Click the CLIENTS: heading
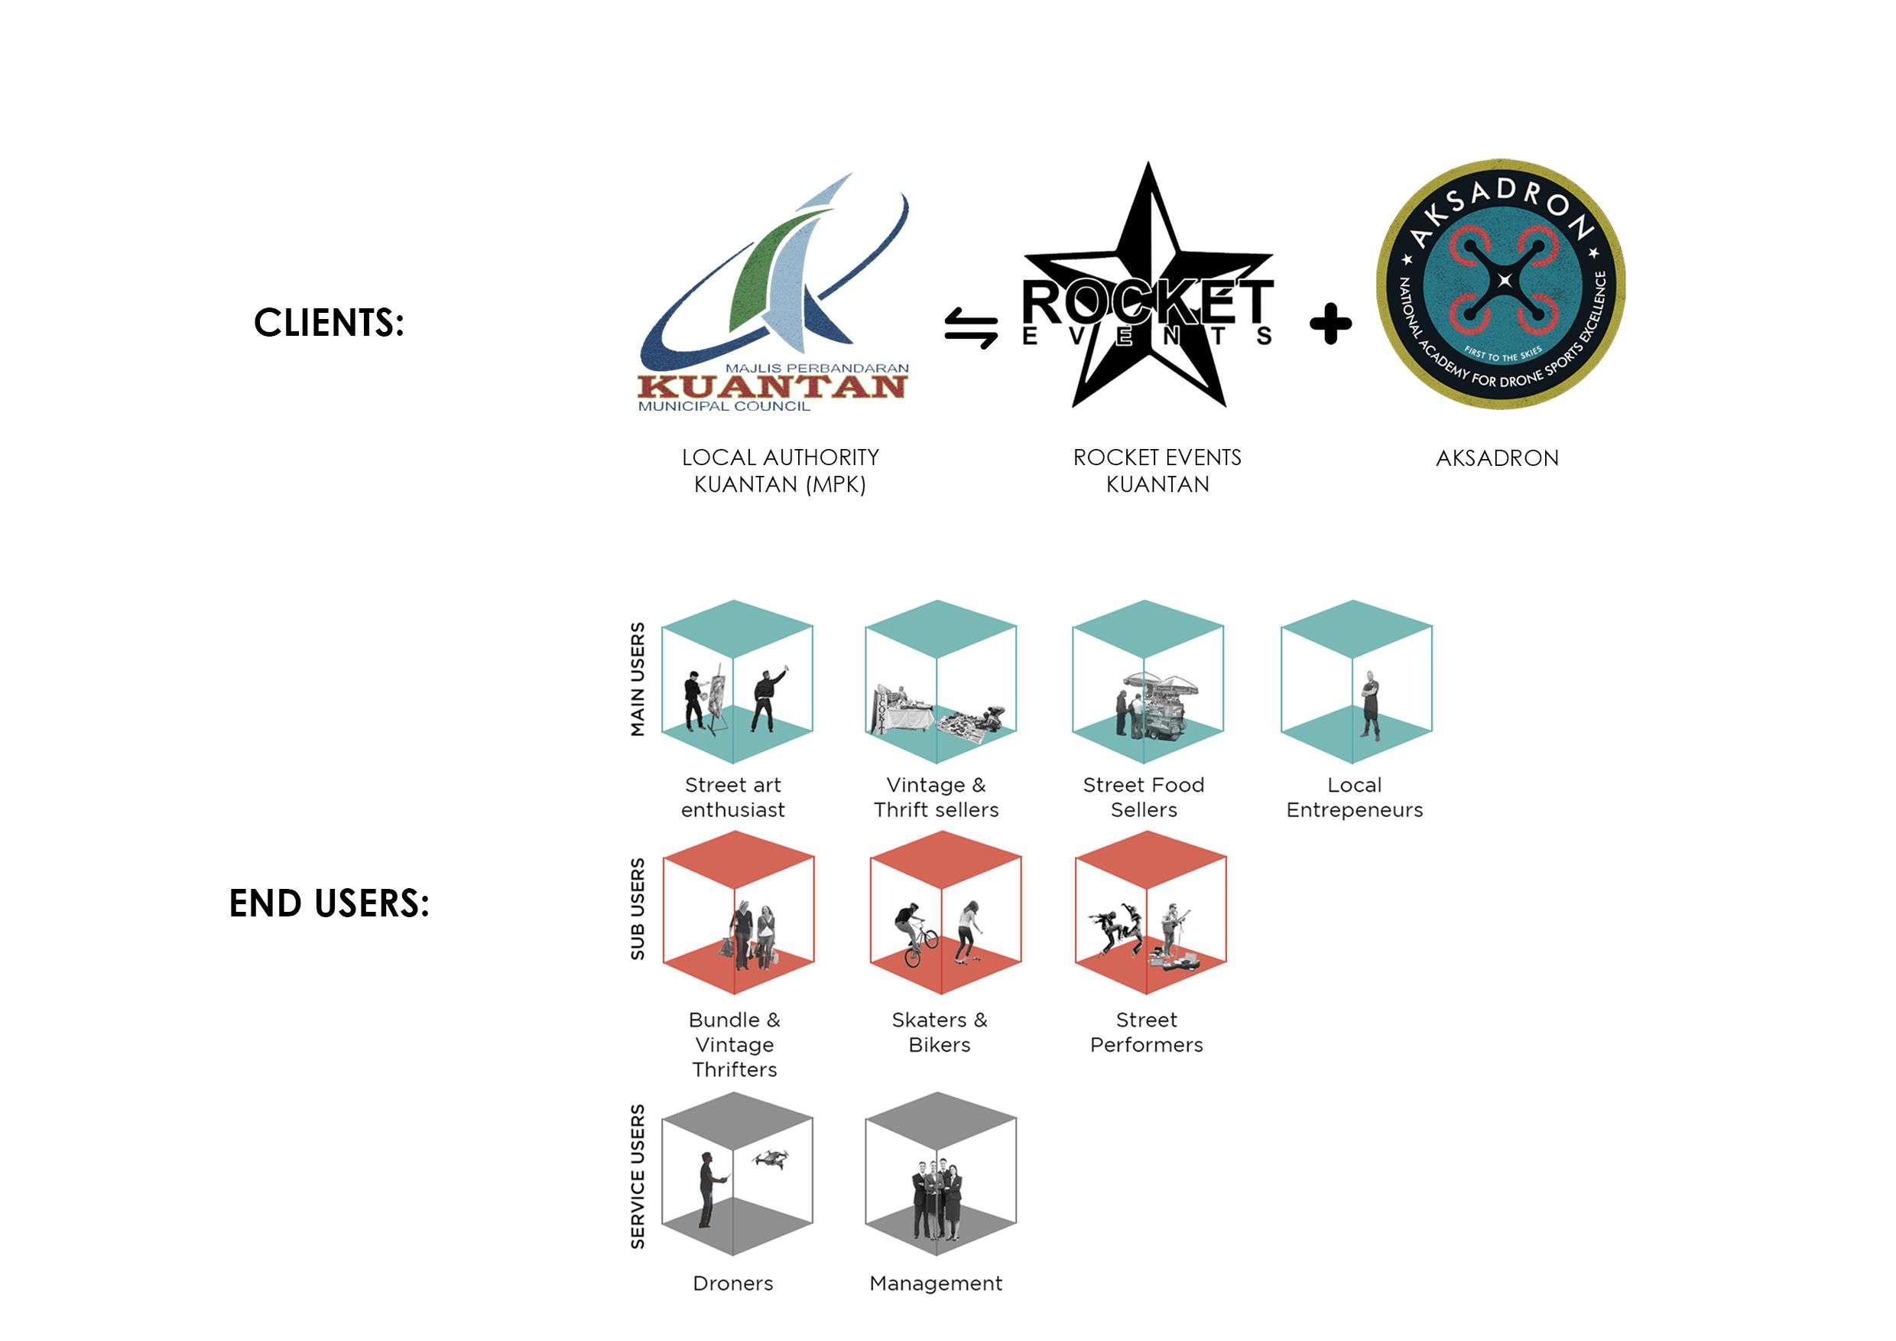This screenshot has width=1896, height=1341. (329, 322)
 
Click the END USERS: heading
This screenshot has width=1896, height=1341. (329, 903)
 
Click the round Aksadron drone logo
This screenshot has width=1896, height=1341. (1501, 285)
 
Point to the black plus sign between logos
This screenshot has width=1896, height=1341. (1330, 324)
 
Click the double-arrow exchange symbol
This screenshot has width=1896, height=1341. (971, 328)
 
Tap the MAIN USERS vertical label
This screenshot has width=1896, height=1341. (638, 679)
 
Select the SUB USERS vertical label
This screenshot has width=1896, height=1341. (638, 909)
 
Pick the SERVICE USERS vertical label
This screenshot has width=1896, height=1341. (638, 1176)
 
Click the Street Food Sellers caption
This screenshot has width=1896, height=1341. (1144, 797)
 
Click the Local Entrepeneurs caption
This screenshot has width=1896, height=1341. (1354, 797)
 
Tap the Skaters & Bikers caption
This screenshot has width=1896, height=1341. (940, 1032)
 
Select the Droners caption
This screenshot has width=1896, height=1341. (733, 1283)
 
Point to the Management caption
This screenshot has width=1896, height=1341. (936, 1283)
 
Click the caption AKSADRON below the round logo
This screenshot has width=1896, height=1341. (1497, 458)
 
